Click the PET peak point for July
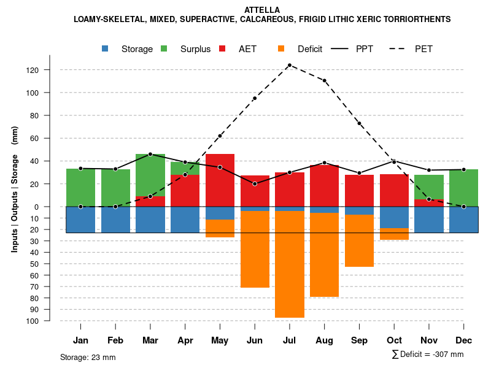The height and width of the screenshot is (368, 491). click(290, 65)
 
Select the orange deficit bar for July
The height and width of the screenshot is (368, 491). click(290, 264)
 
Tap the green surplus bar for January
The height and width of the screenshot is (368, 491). click(80, 187)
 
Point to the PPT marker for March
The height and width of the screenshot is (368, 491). click(150, 154)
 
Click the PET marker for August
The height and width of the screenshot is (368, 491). click(325, 80)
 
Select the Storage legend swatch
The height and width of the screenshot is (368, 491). click(106, 49)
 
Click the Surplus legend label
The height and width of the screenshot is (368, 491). click(195, 49)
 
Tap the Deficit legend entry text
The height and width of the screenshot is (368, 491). click(310, 49)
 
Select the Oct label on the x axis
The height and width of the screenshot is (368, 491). click(394, 340)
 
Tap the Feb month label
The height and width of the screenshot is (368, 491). click(115, 340)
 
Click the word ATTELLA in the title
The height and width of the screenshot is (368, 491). click(262, 10)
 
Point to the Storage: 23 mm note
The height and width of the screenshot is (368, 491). click(88, 357)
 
